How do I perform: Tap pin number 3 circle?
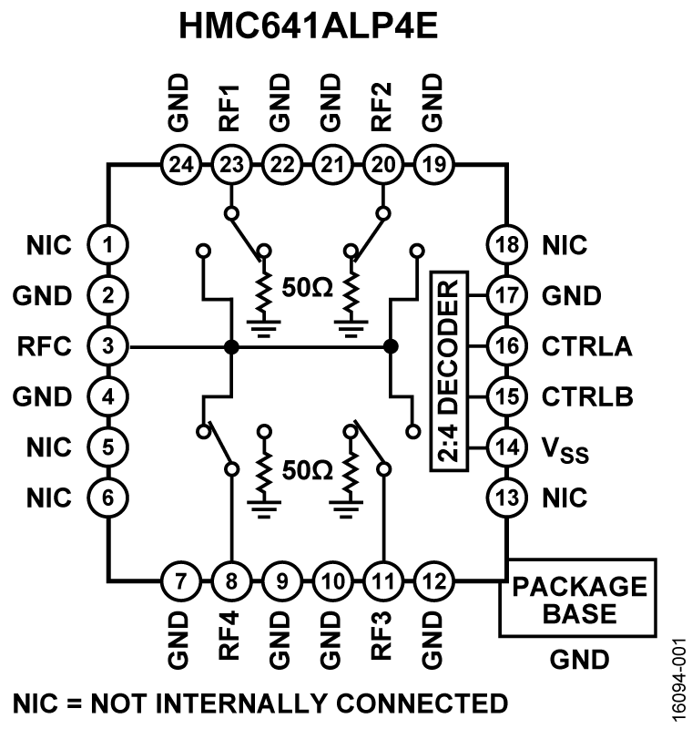tap(107, 346)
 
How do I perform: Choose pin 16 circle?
tap(504, 346)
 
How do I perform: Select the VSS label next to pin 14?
tap(565, 449)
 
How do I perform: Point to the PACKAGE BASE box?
tap(576, 598)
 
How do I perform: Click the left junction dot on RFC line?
tap(230, 346)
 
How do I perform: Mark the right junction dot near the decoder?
tap(391, 346)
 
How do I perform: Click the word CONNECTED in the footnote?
tap(415, 703)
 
